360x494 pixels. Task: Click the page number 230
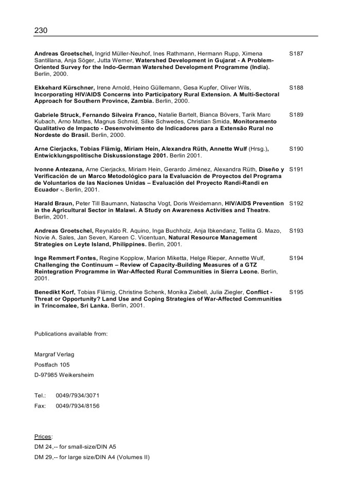coord(41,30)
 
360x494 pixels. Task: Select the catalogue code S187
coord(296,54)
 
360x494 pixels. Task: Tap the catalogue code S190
coord(296,149)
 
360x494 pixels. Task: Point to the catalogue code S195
coord(296,292)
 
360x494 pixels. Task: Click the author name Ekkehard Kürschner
coord(64,88)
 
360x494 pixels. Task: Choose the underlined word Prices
coord(43,436)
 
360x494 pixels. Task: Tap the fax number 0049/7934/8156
coord(78,405)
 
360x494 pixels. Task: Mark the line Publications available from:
coord(71,333)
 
